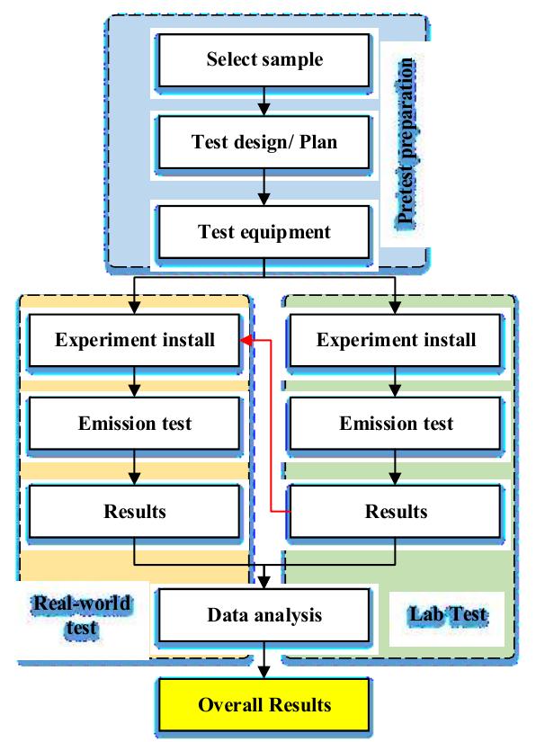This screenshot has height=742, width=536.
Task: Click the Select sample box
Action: pyautogui.click(x=264, y=60)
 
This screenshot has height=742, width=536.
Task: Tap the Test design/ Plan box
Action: pyautogui.click(x=264, y=142)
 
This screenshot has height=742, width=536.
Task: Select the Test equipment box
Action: pyautogui.click(x=264, y=232)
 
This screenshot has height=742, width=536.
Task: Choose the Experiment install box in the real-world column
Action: pyautogui.click(x=135, y=341)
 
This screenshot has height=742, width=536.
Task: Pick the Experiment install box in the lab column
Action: pyautogui.click(x=397, y=341)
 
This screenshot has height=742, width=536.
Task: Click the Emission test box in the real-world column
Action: pyautogui.click(x=135, y=424)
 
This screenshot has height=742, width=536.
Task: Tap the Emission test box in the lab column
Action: pyautogui.click(x=397, y=424)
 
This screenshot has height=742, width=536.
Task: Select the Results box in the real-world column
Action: pyautogui.click(x=135, y=511)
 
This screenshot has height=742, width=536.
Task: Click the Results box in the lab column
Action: pyautogui.click(x=397, y=511)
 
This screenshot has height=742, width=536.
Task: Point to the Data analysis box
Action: pyautogui.click(x=264, y=616)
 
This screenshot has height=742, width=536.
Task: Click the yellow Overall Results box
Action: pyautogui.click(x=264, y=704)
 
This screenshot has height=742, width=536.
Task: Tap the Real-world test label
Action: pyautogui.click(x=81, y=615)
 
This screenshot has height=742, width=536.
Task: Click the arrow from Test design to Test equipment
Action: pyautogui.click(x=264, y=187)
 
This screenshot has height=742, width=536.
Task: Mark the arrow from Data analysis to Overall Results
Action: pyautogui.click(x=264, y=661)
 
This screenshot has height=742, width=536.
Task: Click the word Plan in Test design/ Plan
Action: pyautogui.click(x=319, y=142)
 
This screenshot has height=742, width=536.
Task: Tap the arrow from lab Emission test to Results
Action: pyautogui.click(x=397, y=468)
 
